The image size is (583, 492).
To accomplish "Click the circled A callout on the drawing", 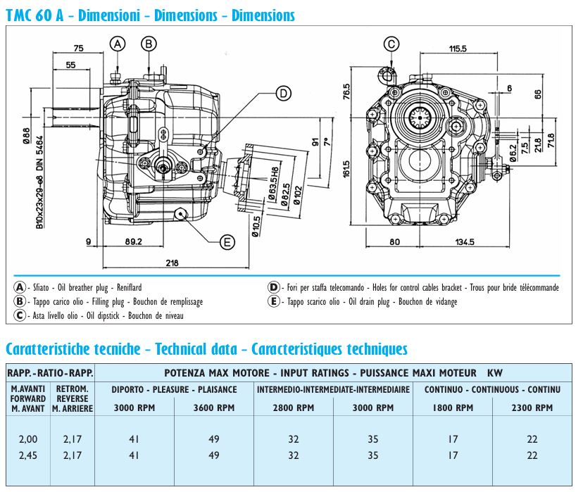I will pyautogui.click(x=118, y=44).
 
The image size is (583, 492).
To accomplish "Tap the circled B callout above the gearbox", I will pyautogui.click(x=149, y=44).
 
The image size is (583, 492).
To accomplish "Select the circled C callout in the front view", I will pyautogui.click(x=391, y=44).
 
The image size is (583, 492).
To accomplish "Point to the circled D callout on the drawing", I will pyautogui.click(x=282, y=93).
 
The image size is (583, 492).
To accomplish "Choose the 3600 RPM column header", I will pyautogui.click(x=215, y=408).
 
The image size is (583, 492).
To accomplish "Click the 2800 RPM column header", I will pyautogui.click(x=294, y=408).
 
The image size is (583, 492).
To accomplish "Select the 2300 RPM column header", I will pyautogui.click(x=532, y=408).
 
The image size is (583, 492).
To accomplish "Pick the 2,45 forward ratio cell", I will pyautogui.click(x=29, y=455).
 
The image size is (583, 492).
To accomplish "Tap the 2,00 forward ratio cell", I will pyautogui.click(x=29, y=439).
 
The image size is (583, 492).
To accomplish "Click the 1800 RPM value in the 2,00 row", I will pyautogui.click(x=453, y=439).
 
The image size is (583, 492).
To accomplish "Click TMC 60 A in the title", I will pyautogui.click(x=36, y=14).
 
